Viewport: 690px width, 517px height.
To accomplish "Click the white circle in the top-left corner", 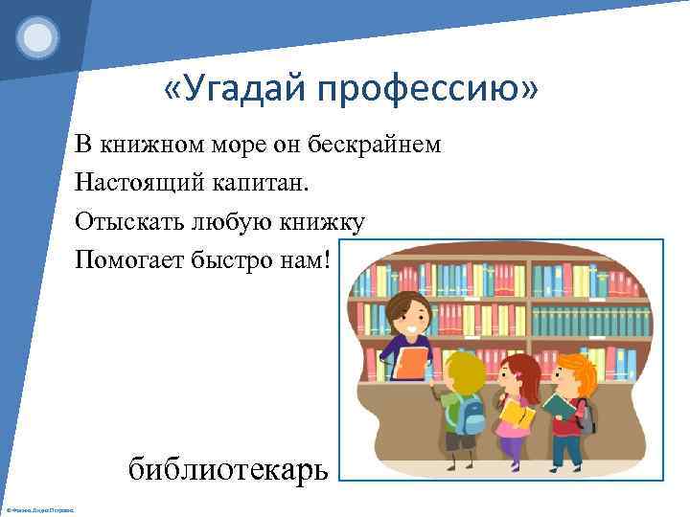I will (x=37, y=38).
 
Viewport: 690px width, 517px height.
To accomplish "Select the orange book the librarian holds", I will (x=411, y=363).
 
